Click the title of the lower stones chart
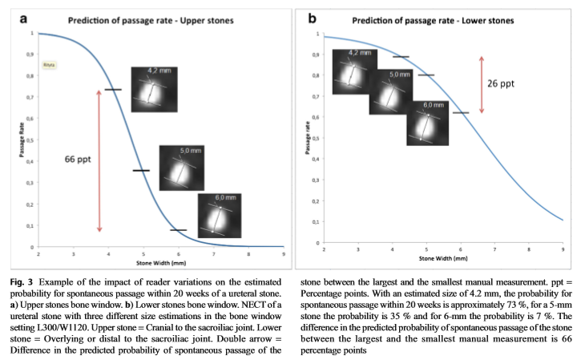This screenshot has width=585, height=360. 434,18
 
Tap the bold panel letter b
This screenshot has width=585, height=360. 312,16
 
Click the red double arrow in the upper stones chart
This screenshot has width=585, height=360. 99,160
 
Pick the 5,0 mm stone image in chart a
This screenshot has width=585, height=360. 181,168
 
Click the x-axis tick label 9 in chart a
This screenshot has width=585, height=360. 283,254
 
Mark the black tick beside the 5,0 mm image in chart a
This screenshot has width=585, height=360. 141,170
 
